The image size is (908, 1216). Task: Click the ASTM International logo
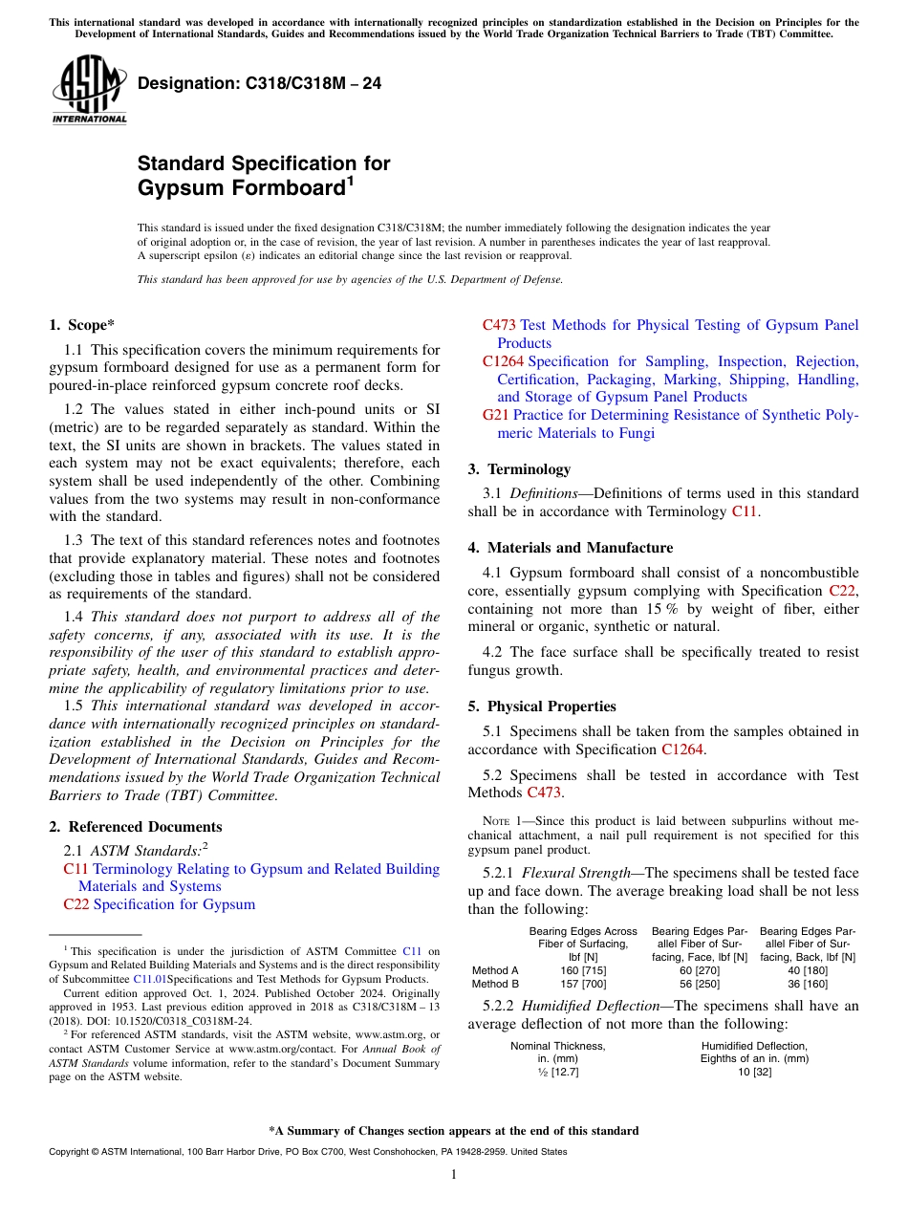coord(89,90)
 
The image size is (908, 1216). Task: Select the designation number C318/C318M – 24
coord(259,84)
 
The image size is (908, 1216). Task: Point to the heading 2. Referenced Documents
coord(135,827)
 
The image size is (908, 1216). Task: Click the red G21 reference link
coord(495,415)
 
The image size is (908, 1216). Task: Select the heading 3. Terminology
coord(519,469)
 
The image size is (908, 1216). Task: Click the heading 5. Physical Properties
coord(541,706)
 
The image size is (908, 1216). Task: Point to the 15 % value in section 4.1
coord(636,609)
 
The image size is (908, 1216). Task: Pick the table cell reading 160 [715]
coord(583,970)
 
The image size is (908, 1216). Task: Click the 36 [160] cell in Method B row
coord(807,984)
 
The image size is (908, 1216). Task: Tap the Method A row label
coord(495,970)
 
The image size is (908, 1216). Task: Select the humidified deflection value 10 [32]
coord(754,1072)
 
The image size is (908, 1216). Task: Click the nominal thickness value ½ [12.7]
coord(557,1072)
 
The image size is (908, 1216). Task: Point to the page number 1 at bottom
coord(454,1175)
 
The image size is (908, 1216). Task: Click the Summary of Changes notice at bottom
coord(454,1131)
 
